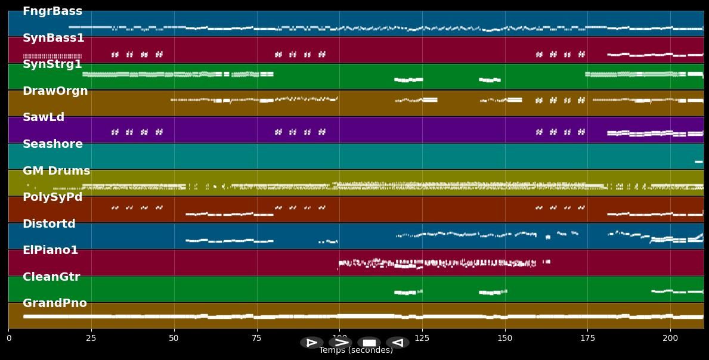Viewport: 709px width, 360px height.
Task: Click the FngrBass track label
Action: pos(52,11)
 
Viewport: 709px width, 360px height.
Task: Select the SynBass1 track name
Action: pos(54,38)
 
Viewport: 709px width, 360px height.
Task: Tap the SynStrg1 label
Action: pos(52,64)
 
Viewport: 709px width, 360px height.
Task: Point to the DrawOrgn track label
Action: pos(55,91)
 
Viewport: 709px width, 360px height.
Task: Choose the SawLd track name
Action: pos(44,117)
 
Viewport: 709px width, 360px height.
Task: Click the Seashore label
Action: pos(52,144)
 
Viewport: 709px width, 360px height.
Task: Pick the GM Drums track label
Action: pos(57,171)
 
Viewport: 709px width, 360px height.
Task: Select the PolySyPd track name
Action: pos(52,197)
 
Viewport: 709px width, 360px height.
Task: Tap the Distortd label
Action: pos(49,224)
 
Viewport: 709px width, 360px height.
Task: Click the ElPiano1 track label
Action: pos(51,250)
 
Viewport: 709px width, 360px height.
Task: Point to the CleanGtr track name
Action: pos(51,277)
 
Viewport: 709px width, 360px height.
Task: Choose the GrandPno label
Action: pos(55,303)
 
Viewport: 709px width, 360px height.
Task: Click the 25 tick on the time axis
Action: pos(91,338)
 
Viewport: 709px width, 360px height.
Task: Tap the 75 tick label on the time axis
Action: pos(257,338)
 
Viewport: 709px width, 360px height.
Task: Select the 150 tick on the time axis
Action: pos(505,338)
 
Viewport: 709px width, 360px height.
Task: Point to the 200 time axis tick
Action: pos(670,338)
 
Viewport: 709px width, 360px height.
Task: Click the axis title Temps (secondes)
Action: pos(356,350)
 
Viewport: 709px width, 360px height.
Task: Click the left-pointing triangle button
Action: pos(397,343)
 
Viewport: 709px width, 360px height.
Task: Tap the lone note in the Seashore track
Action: pos(699,162)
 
